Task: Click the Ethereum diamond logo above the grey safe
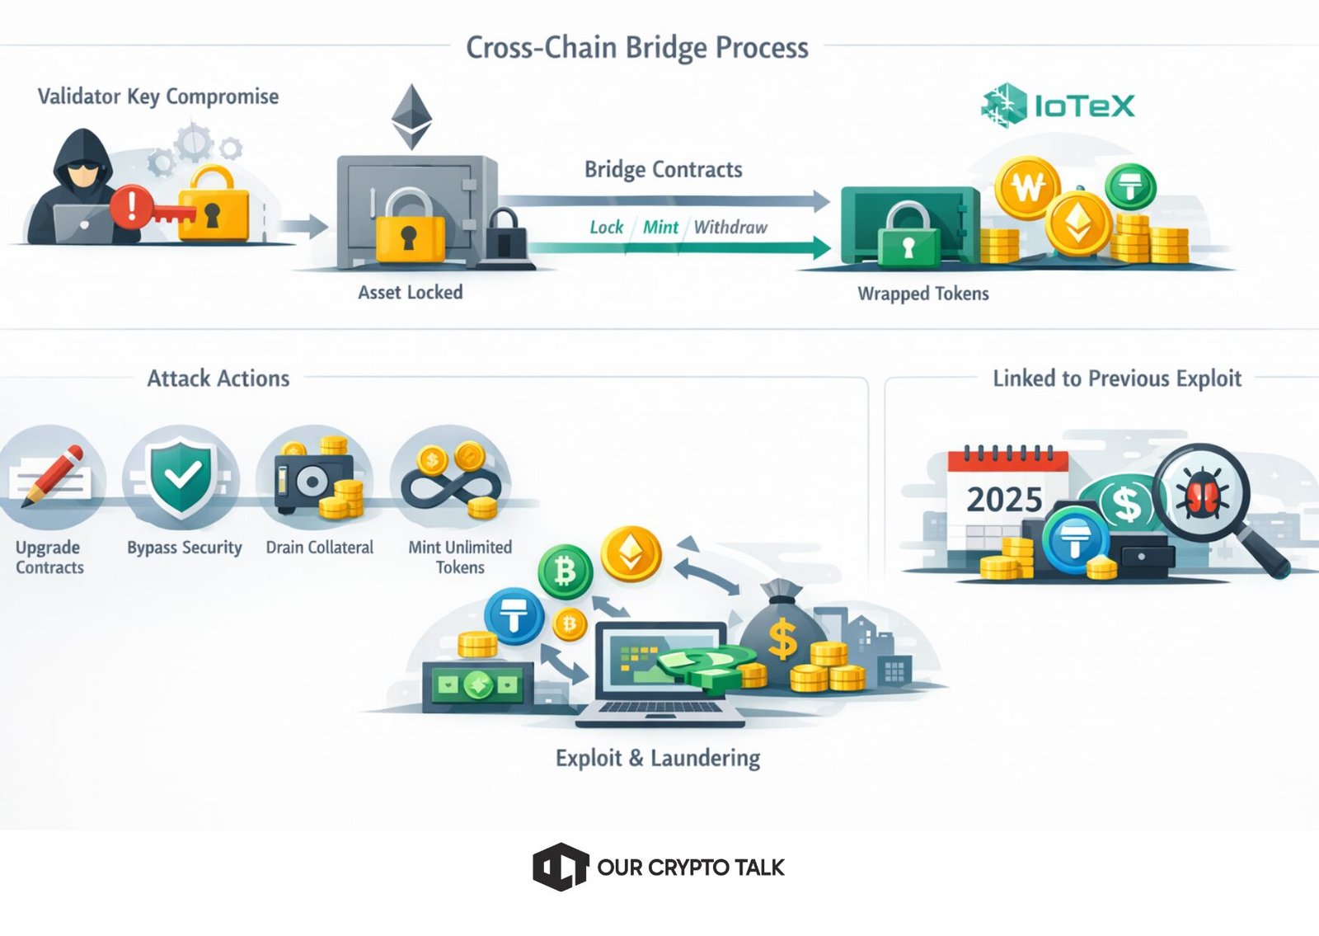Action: tap(411, 115)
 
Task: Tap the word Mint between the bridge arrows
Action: tap(660, 228)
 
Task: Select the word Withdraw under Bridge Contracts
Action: tap(730, 228)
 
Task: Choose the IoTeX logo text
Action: tap(1084, 106)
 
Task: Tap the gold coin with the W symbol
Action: tap(1027, 187)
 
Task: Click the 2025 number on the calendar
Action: tap(1004, 500)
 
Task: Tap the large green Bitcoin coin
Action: tap(565, 571)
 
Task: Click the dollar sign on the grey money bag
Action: tap(782, 640)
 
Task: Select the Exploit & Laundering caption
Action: tap(658, 758)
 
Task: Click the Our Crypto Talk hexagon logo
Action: tap(560, 867)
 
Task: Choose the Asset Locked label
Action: tap(410, 293)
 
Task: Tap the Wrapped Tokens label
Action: tap(922, 294)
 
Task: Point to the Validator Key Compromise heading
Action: tap(158, 97)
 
